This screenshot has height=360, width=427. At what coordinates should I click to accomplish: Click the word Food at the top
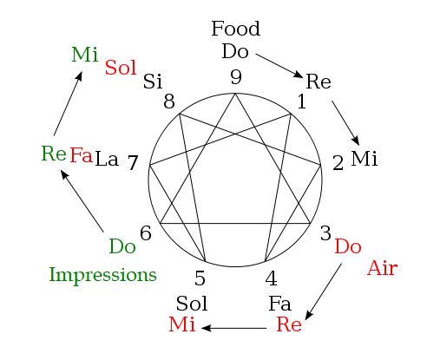click(x=236, y=29)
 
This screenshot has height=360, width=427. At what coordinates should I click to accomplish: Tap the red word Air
click(x=382, y=268)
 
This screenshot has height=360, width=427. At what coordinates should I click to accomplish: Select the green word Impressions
click(x=102, y=275)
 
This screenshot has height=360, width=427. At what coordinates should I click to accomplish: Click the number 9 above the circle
click(x=236, y=77)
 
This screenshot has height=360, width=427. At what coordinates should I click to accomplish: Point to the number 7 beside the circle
click(x=133, y=162)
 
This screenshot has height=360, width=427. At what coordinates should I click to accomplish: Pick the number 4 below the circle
click(x=271, y=278)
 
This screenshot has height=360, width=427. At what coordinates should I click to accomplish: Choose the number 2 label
click(x=338, y=163)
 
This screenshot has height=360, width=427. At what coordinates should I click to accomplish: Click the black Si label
click(x=153, y=82)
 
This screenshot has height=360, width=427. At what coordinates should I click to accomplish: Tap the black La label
click(x=107, y=159)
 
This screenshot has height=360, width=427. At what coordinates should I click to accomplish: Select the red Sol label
click(x=121, y=68)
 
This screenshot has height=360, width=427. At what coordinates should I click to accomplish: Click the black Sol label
click(x=192, y=304)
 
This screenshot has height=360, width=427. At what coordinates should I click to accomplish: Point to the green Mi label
click(x=85, y=55)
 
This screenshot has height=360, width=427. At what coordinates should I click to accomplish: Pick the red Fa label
click(x=81, y=155)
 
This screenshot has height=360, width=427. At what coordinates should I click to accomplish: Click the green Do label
click(x=122, y=246)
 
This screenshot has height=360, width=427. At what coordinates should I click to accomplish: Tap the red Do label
click(x=348, y=246)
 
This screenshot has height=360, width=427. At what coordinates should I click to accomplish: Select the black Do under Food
click(x=235, y=51)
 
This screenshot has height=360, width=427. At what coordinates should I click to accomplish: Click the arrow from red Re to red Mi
click(x=233, y=328)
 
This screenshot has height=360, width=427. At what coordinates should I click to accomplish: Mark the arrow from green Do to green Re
click(x=82, y=201)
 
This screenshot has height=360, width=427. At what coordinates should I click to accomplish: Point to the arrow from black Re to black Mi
click(x=345, y=123)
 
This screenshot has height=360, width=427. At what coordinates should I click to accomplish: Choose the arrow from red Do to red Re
click(x=324, y=291)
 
